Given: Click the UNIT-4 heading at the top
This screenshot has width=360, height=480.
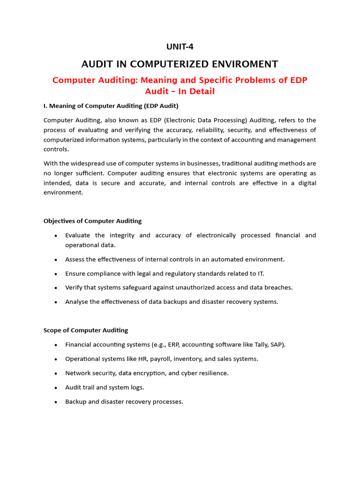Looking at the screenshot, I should (x=180, y=46).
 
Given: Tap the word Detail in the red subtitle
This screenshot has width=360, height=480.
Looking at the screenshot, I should (x=198, y=91).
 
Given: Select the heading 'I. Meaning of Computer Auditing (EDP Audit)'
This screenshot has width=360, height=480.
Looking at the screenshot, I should (x=111, y=106).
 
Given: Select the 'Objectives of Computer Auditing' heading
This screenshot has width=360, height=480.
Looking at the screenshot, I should (x=92, y=221).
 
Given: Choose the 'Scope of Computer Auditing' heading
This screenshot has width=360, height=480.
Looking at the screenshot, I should (x=86, y=330).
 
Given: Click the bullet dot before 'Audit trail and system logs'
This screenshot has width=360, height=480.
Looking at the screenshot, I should (x=56, y=388).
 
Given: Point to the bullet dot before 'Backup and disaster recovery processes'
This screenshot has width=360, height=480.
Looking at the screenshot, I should (x=56, y=402).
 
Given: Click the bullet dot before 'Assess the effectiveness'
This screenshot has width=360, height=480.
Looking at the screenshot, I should (x=56, y=259).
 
